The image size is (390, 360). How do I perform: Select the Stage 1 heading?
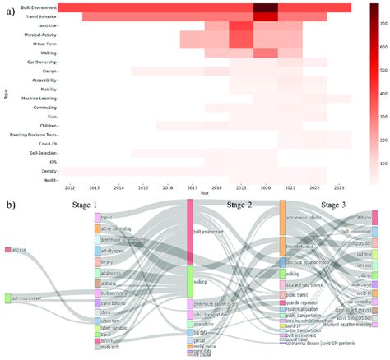[107, 205]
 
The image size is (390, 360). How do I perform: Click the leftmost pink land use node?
[7, 249]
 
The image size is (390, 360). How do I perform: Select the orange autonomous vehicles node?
[282, 215]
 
